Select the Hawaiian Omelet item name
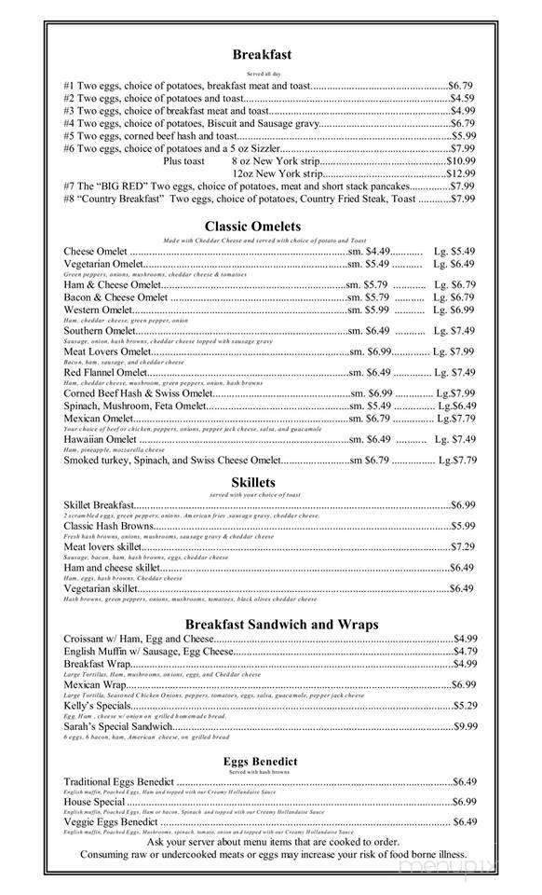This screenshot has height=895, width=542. (100, 439)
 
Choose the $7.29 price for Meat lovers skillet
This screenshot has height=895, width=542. (463, 546)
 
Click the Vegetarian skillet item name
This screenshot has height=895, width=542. (101, 588)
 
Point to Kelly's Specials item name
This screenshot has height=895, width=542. (97, 705)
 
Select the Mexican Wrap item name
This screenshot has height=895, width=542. (94, 684)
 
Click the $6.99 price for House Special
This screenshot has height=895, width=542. (464, 802)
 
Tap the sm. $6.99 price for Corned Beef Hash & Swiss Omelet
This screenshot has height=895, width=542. (371, 392)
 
